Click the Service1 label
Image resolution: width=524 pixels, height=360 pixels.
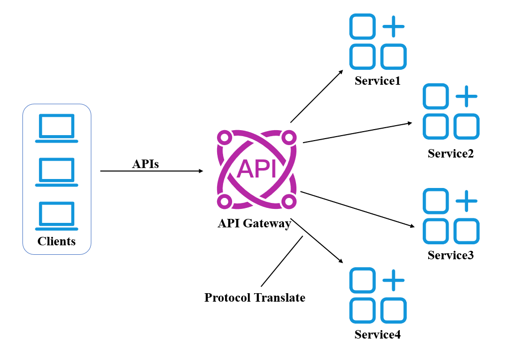(378, 81)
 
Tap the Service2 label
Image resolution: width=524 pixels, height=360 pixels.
(451, 154)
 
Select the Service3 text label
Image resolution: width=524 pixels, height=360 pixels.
(451, 255)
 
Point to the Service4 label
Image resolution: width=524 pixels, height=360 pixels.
(378, 335)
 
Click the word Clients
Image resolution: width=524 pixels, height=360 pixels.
(56, 241)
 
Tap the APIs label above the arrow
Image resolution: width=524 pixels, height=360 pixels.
(145, 164)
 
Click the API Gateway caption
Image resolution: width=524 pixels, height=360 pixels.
(255, 223)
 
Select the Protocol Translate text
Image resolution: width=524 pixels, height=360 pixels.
(255, 298)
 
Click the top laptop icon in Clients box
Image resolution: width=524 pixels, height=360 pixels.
(56, 129)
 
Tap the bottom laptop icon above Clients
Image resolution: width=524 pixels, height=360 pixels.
(56, 216)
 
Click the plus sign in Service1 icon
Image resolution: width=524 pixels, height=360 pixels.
(393, 26)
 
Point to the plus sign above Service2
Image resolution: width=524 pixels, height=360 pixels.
(467, 96)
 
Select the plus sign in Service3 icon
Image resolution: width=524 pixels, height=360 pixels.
(467, 201)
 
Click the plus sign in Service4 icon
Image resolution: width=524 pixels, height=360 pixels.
(393, 280)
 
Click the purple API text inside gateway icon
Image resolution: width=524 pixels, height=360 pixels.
(257, 169)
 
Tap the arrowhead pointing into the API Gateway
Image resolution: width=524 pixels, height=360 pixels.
(201, 171)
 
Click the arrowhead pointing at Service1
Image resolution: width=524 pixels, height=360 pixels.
(341, 72)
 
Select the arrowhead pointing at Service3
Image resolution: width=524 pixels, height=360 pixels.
(412, 226)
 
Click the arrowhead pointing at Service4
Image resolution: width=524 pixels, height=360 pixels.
(341, 261)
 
